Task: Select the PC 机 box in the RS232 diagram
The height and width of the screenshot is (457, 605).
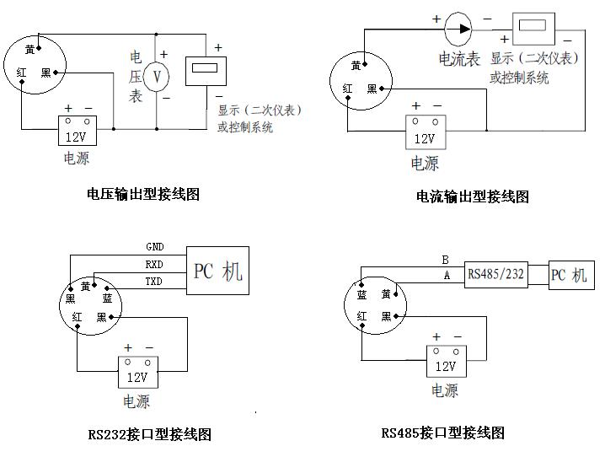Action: (x=217, y=271)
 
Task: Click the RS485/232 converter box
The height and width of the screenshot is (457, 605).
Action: (x=495, y=275)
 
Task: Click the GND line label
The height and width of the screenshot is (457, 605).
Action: (x=154, y=247)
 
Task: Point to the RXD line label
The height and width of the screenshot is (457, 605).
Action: (x=154, y=264)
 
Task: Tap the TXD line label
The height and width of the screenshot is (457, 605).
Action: (x=154, y=281)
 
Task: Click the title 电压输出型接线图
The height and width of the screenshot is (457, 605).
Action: (x=143, y=194)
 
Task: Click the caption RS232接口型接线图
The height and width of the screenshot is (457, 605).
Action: (x=149, y=434)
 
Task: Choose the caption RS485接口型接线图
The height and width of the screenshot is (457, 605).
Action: (x=442, y=433)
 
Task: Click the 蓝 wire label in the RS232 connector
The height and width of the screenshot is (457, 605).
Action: (x=107, y=299)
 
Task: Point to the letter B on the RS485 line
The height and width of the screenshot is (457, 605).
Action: (x=445, y=259)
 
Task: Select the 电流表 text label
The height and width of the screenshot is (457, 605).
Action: (x=459, y=59)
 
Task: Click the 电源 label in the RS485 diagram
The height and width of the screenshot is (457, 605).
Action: (x=445, y=390)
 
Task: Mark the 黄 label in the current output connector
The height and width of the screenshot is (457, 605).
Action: (x=357, y=66)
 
